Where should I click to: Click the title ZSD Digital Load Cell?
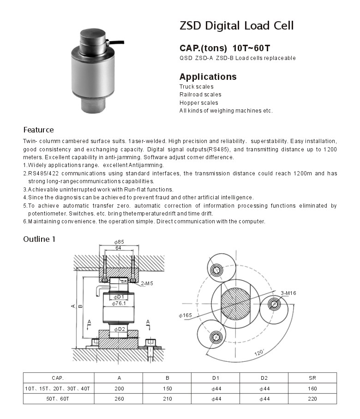(236, 26)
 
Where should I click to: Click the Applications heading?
(208, 77)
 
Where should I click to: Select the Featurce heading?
(38, 130)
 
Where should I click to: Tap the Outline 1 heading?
(39, 239)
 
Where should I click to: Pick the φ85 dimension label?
(119, 242)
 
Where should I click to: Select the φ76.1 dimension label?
(119, 303)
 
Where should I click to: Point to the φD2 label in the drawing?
(119, 329)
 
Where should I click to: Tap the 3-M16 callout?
(288, 293)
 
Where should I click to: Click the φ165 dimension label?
(186, 315)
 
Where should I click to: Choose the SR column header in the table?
(312, 378)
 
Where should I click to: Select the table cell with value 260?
(119, 398)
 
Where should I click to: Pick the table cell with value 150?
(168, 389)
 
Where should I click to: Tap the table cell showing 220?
(312, 398)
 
